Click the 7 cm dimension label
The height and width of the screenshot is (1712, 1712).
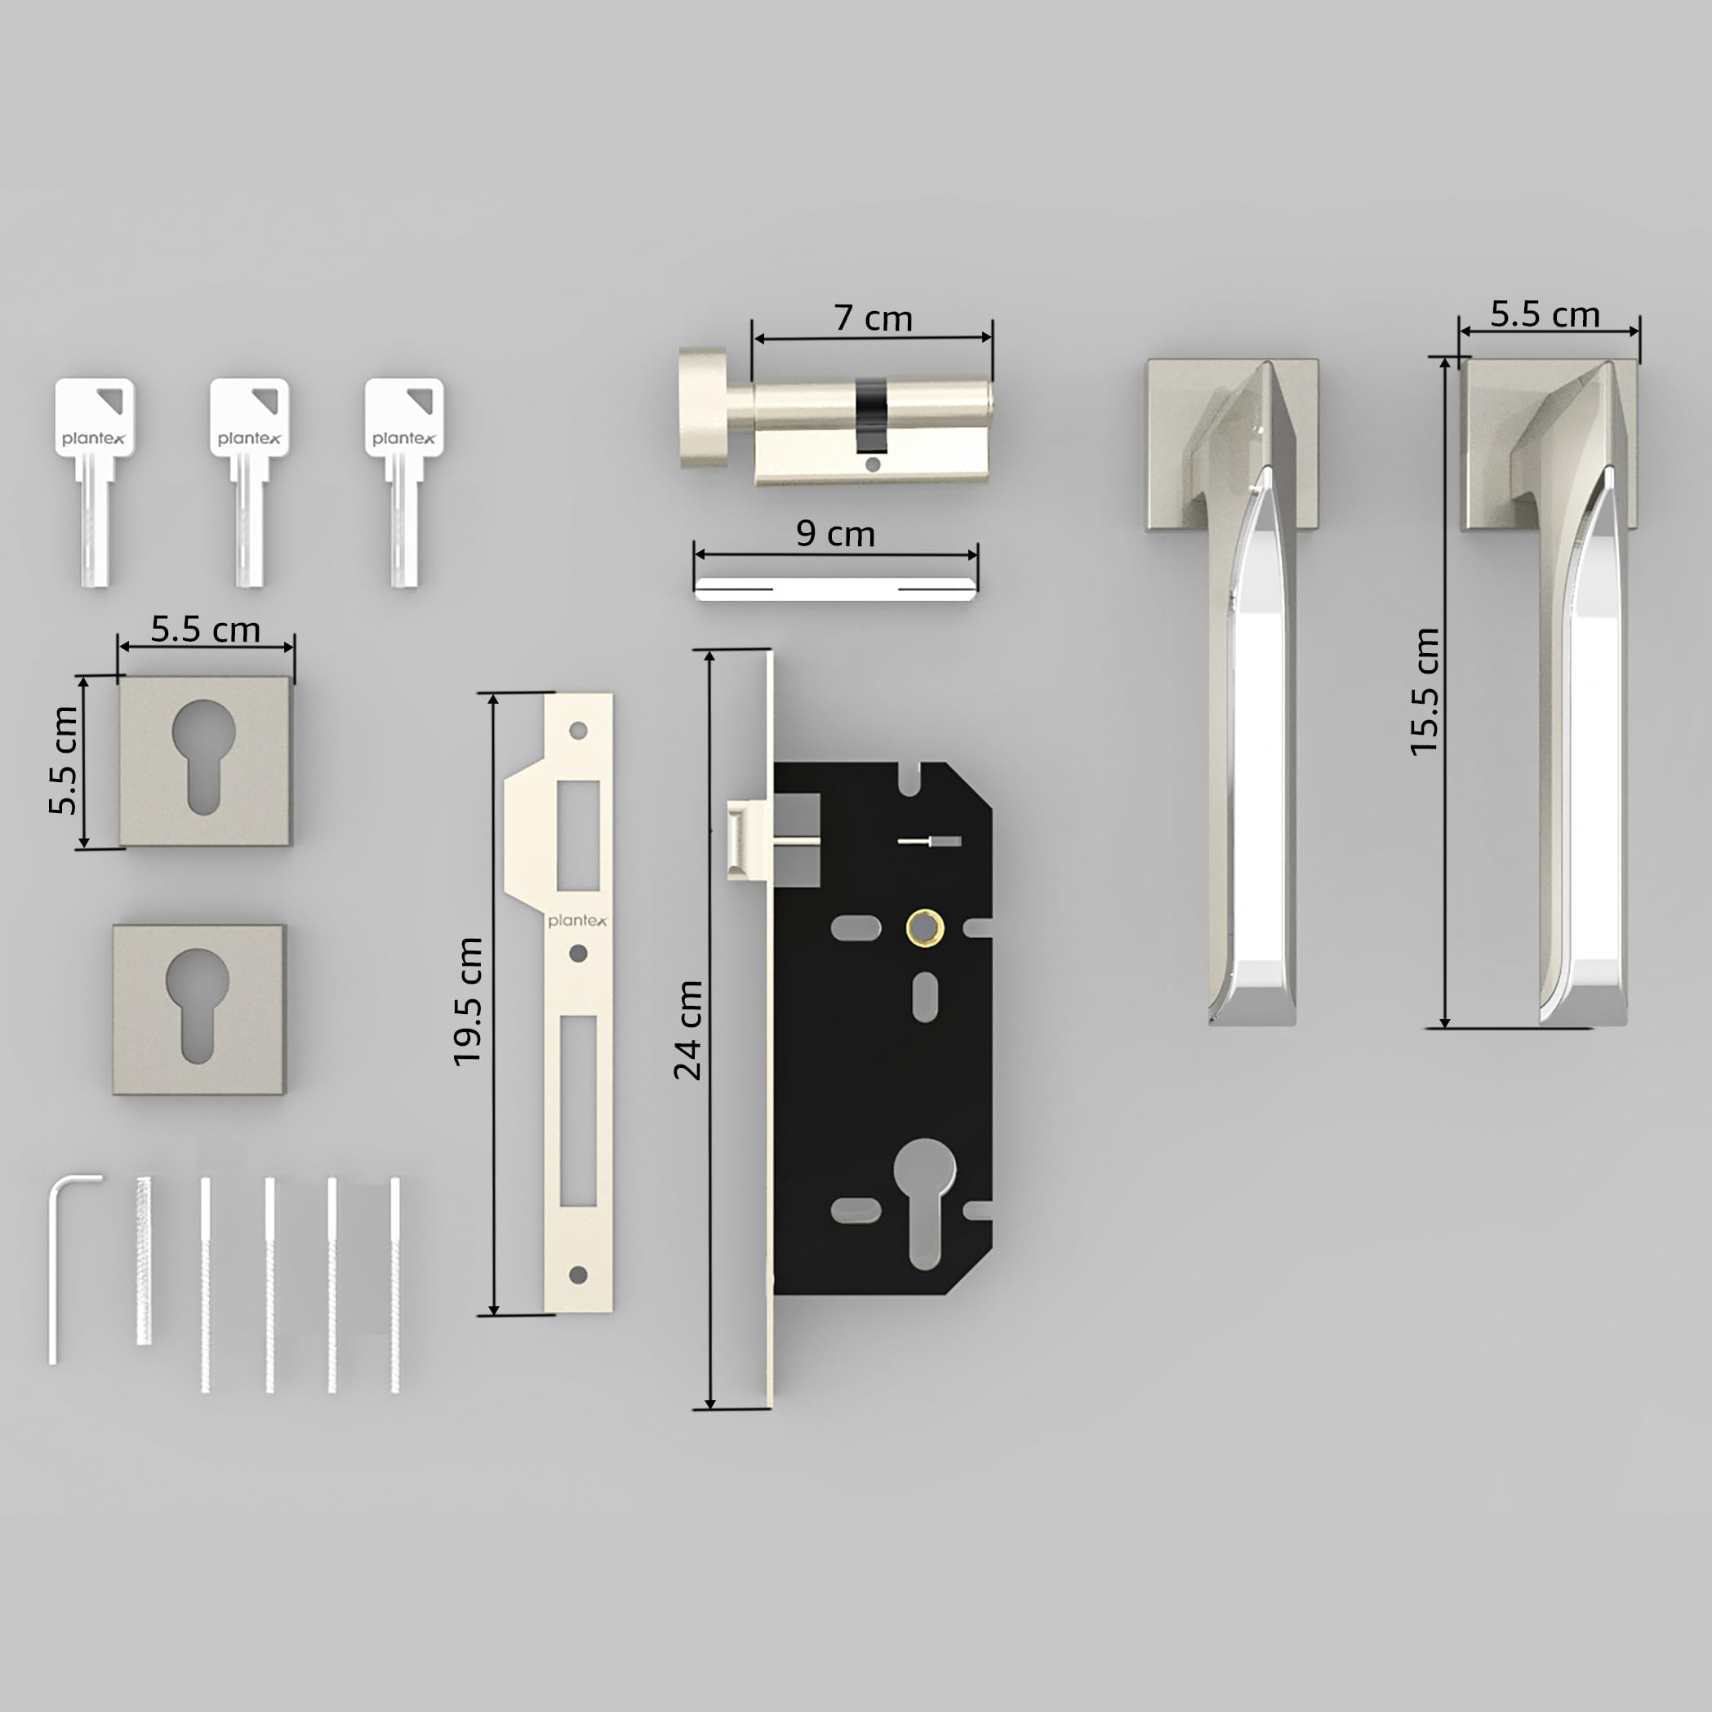tap(873, 318)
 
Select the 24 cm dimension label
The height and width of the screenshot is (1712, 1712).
tap(687, 1029)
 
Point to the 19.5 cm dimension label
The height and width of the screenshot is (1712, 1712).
tap(467, 1002)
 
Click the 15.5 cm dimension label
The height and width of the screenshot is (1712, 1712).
tap(1424, 691)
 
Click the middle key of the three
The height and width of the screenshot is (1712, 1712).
tap(249, 482)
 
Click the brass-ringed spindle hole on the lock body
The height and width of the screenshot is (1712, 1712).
tap(924, 927)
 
